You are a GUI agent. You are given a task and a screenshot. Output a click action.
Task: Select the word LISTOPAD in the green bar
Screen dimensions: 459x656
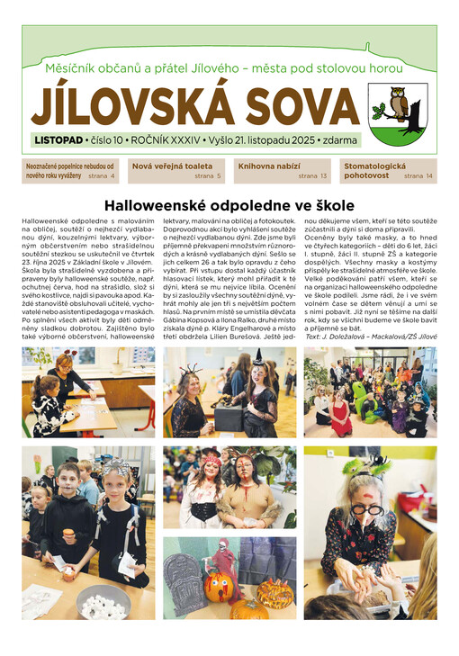(58, 141)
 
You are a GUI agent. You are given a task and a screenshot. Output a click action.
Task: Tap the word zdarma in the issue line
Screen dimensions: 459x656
(340, 141)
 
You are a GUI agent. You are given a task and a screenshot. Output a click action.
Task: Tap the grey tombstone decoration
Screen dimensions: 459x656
(185, 584)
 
